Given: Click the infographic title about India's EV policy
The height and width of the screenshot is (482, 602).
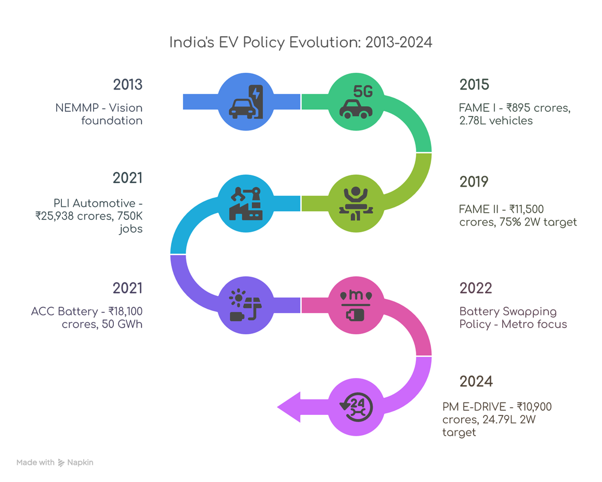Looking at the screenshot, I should pos(300,43).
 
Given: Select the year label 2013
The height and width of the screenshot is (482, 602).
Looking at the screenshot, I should pos(127,85).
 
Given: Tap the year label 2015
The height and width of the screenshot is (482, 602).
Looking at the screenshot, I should pos(474,85).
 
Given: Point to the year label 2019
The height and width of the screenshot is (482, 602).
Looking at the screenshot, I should pos(474,182).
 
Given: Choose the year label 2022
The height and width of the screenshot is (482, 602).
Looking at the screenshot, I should pos(475,288).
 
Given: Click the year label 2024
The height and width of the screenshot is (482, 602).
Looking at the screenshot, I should pos(476,382).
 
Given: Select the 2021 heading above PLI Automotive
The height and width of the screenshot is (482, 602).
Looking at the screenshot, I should pos(127,178).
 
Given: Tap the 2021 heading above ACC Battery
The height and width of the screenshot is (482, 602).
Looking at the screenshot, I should pos(127,288).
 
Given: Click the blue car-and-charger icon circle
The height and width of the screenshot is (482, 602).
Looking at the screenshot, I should pos(246,101).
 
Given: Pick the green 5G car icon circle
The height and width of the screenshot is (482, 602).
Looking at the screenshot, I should pos(356,101).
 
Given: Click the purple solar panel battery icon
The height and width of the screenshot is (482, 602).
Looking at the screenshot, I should pos(246,305).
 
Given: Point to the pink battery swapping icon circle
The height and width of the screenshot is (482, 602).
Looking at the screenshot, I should pos(356,305).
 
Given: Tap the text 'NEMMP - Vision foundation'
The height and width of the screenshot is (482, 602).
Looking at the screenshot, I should pos(99,114).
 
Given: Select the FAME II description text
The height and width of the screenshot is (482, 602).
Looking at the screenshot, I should pos(518,216).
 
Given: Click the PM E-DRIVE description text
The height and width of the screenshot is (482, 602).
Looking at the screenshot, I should pos(496,419).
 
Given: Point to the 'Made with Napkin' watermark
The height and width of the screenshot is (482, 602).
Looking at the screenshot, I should pos(55,462).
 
